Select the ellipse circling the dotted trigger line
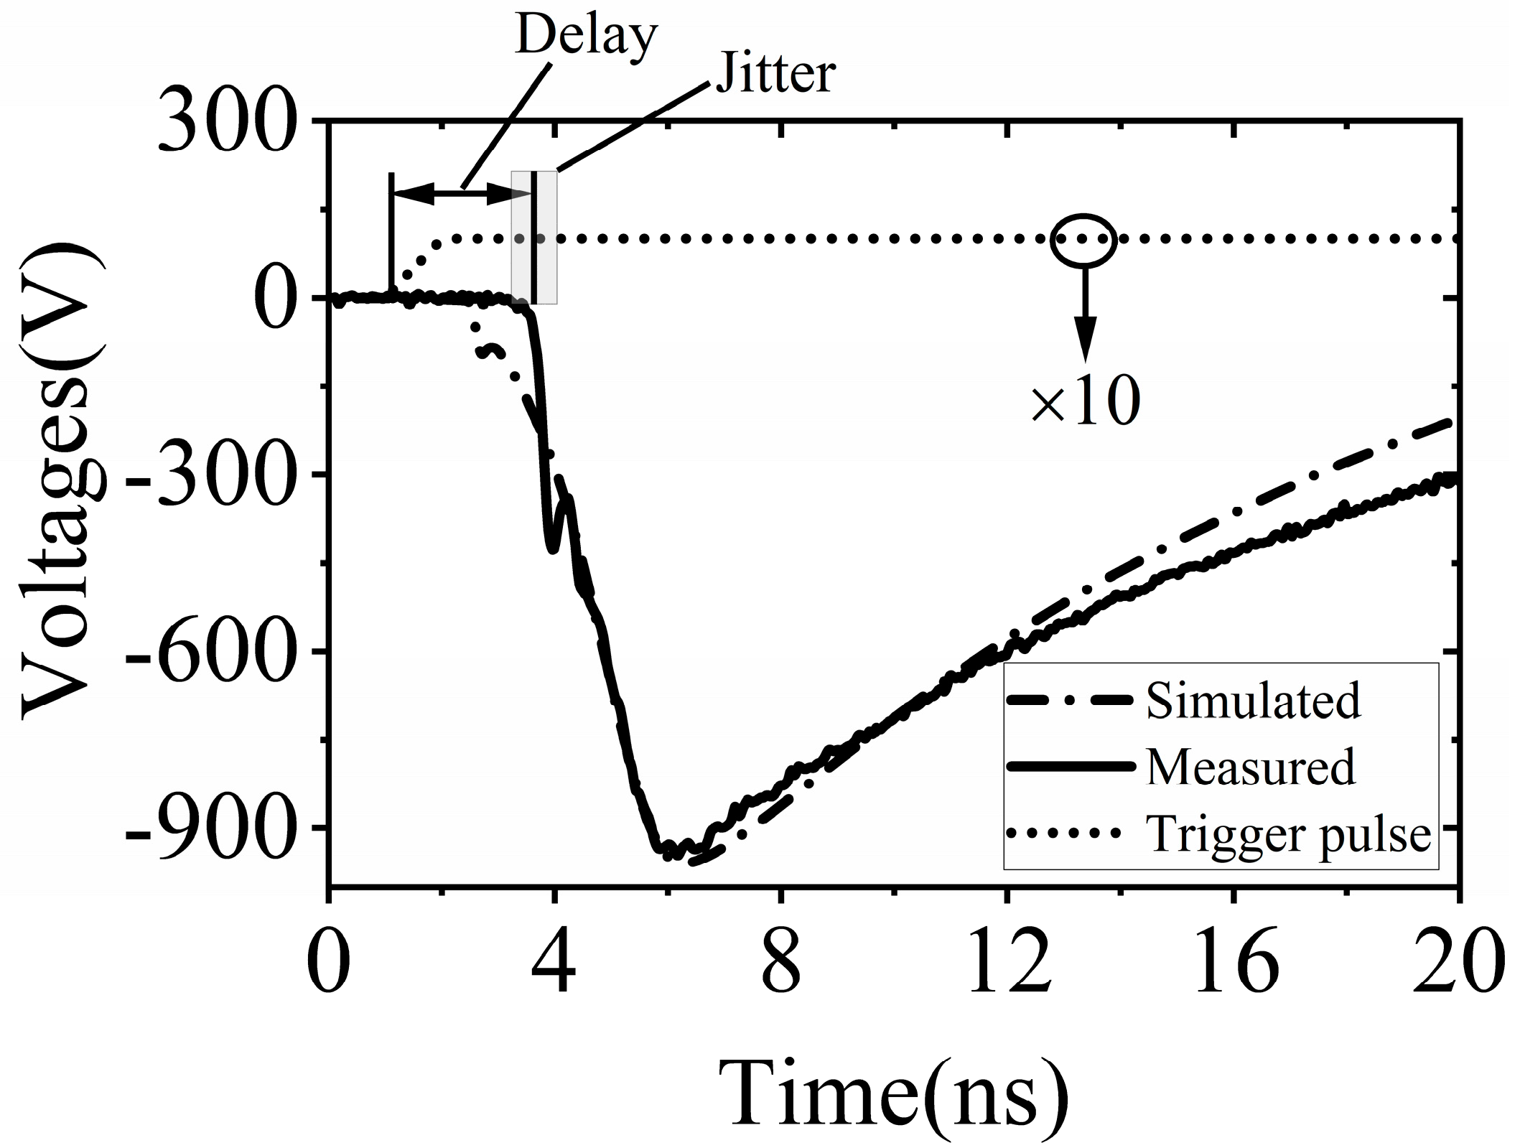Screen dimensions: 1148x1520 [x=1083, y=241]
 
